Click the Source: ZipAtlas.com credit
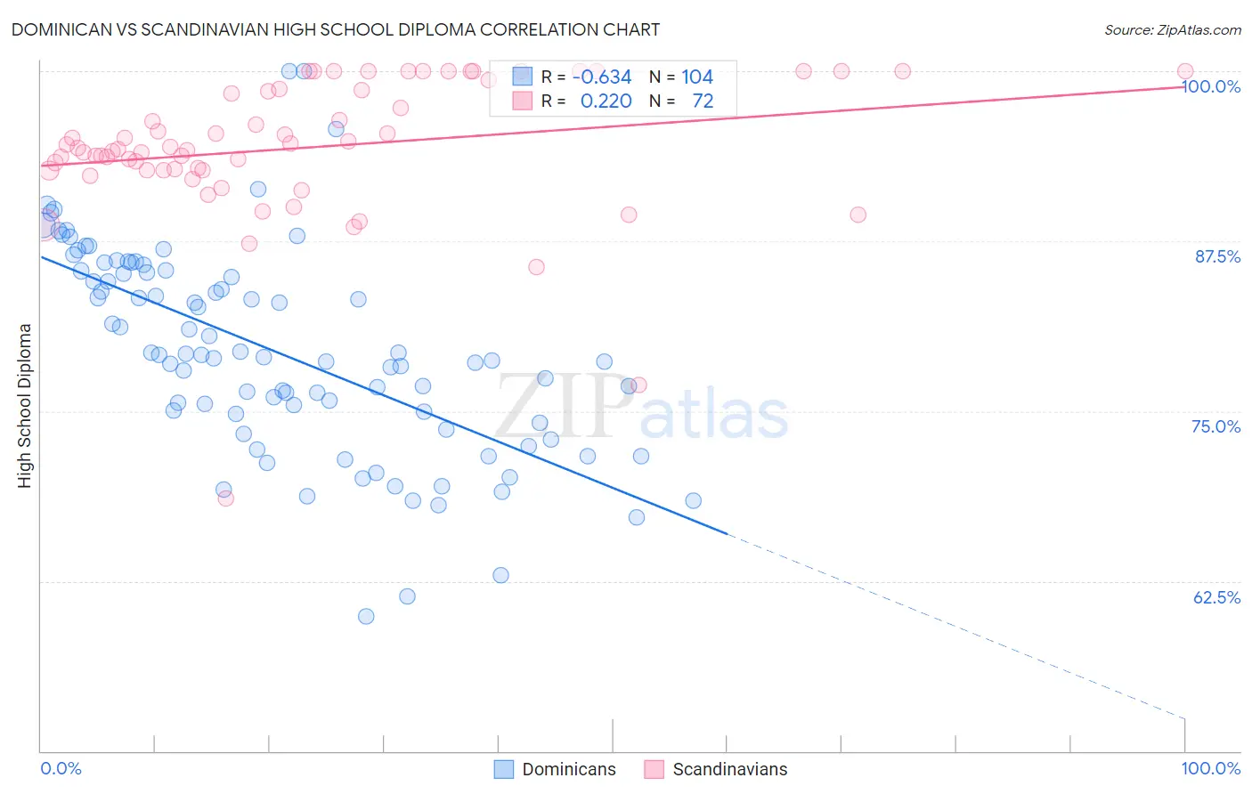pos(1172,29)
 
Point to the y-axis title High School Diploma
pos(25,405)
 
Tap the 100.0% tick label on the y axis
pos(1210,86)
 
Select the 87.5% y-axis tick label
pos(1216,256)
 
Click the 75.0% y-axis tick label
pos(1215,426)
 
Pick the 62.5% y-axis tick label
pos(1216,597)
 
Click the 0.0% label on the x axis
pos(61,768)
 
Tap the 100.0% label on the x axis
pos(1210,768)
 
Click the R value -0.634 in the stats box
pos(602,77)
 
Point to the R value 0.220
pos(606,101)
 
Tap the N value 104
pos(697,77)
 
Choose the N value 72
pos(703,101)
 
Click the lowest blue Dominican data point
pos(366,616)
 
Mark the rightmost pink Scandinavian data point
pos(1185,71)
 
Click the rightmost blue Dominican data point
pos(693,501)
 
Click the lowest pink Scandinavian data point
pos(226,498)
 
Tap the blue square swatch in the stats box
pos(522,77)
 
